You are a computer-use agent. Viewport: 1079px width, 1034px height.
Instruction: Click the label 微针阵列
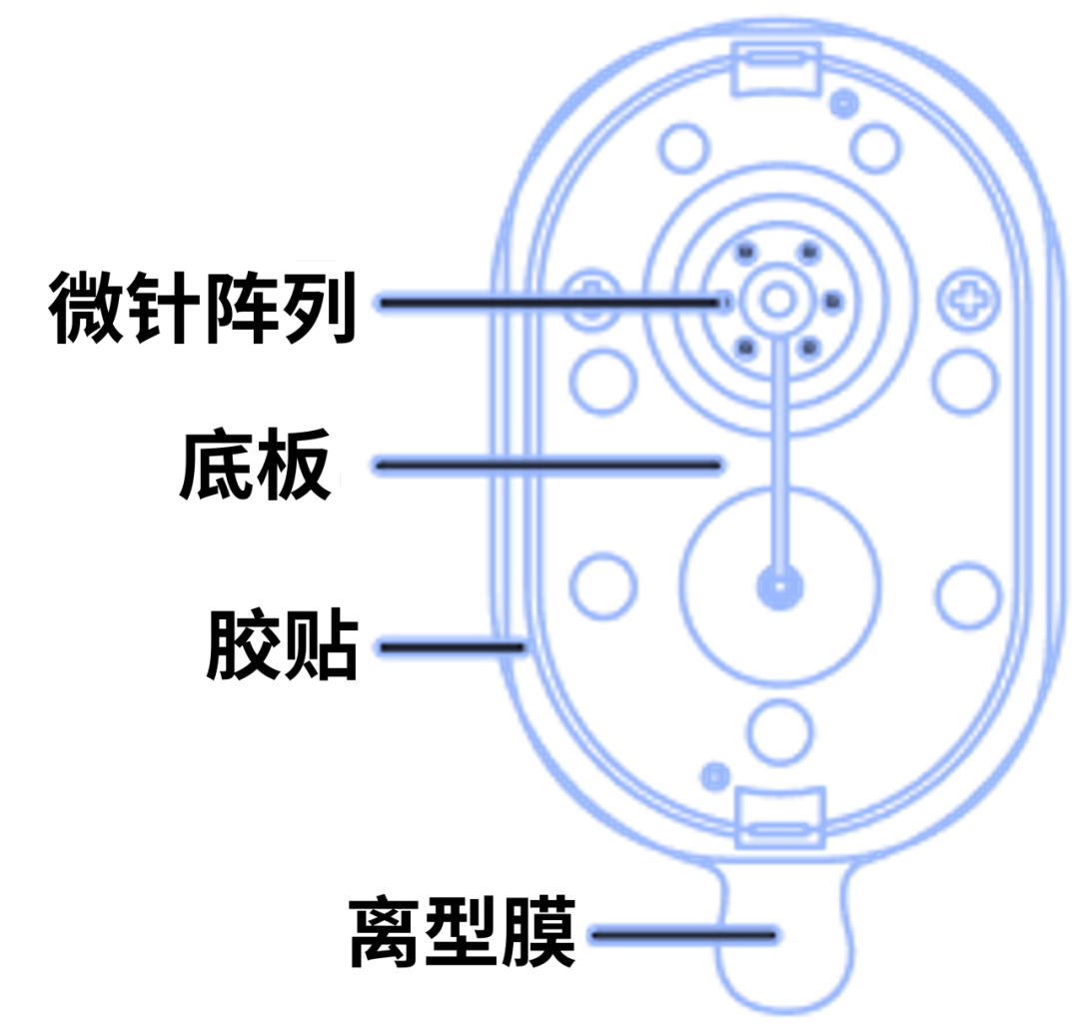204,309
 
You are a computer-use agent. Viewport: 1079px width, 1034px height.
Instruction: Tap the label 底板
256,468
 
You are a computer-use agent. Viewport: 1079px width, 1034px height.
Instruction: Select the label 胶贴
283,647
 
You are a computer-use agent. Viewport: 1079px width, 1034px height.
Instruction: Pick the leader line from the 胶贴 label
450,647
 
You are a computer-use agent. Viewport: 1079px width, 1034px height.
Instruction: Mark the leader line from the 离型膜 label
684,935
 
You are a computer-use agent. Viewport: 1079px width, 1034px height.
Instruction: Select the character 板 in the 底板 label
295,468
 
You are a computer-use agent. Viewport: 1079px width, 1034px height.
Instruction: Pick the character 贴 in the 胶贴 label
322,647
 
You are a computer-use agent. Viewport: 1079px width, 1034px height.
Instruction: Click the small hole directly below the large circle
779,726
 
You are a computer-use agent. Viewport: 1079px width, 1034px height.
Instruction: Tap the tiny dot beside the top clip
845,100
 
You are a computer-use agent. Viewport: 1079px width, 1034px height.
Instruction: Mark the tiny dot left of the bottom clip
715,774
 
